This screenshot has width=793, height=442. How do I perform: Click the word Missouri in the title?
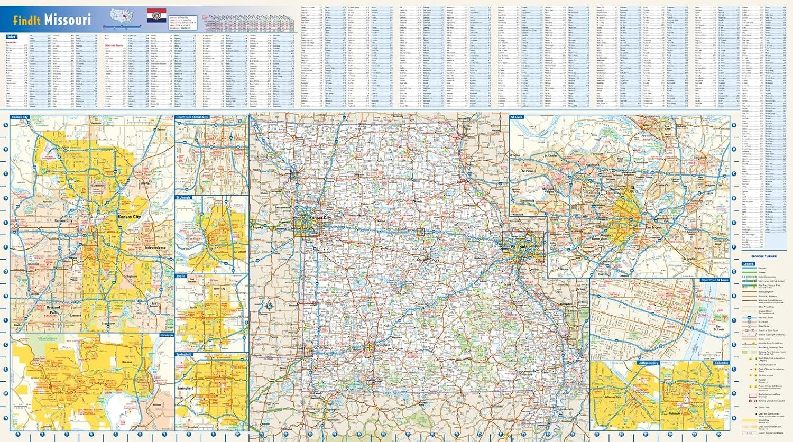(67, 20)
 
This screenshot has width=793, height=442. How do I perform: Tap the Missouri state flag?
(156, 15)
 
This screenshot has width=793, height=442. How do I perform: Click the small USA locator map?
(122, 15)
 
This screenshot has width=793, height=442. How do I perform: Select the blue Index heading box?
(11, 37)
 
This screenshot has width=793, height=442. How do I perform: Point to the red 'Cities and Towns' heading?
(114, 45)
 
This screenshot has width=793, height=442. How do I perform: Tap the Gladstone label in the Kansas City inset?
(97, 186)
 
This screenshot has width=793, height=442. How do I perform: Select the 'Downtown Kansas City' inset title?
(192, 117)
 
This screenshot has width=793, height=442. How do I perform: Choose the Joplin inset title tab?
(181, 276)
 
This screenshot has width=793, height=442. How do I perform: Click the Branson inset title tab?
(167, 335)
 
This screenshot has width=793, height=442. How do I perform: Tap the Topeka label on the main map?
(257, 227)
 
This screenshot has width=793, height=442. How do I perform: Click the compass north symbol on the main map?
(269, 306)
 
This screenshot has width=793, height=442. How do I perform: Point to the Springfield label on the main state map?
(382, 345)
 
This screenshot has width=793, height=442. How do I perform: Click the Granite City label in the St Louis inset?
(662, 185)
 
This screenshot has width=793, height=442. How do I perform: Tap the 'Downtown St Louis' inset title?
(715, 280)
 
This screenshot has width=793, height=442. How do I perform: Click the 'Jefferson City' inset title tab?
(648, 363)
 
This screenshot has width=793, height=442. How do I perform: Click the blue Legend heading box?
(748, 263)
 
